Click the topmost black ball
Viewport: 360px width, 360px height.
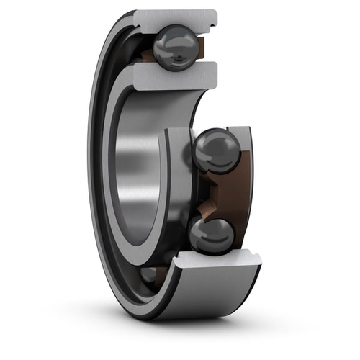(x=174, y=48)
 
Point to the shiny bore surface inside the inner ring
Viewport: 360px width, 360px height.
(x=137, y=166)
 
